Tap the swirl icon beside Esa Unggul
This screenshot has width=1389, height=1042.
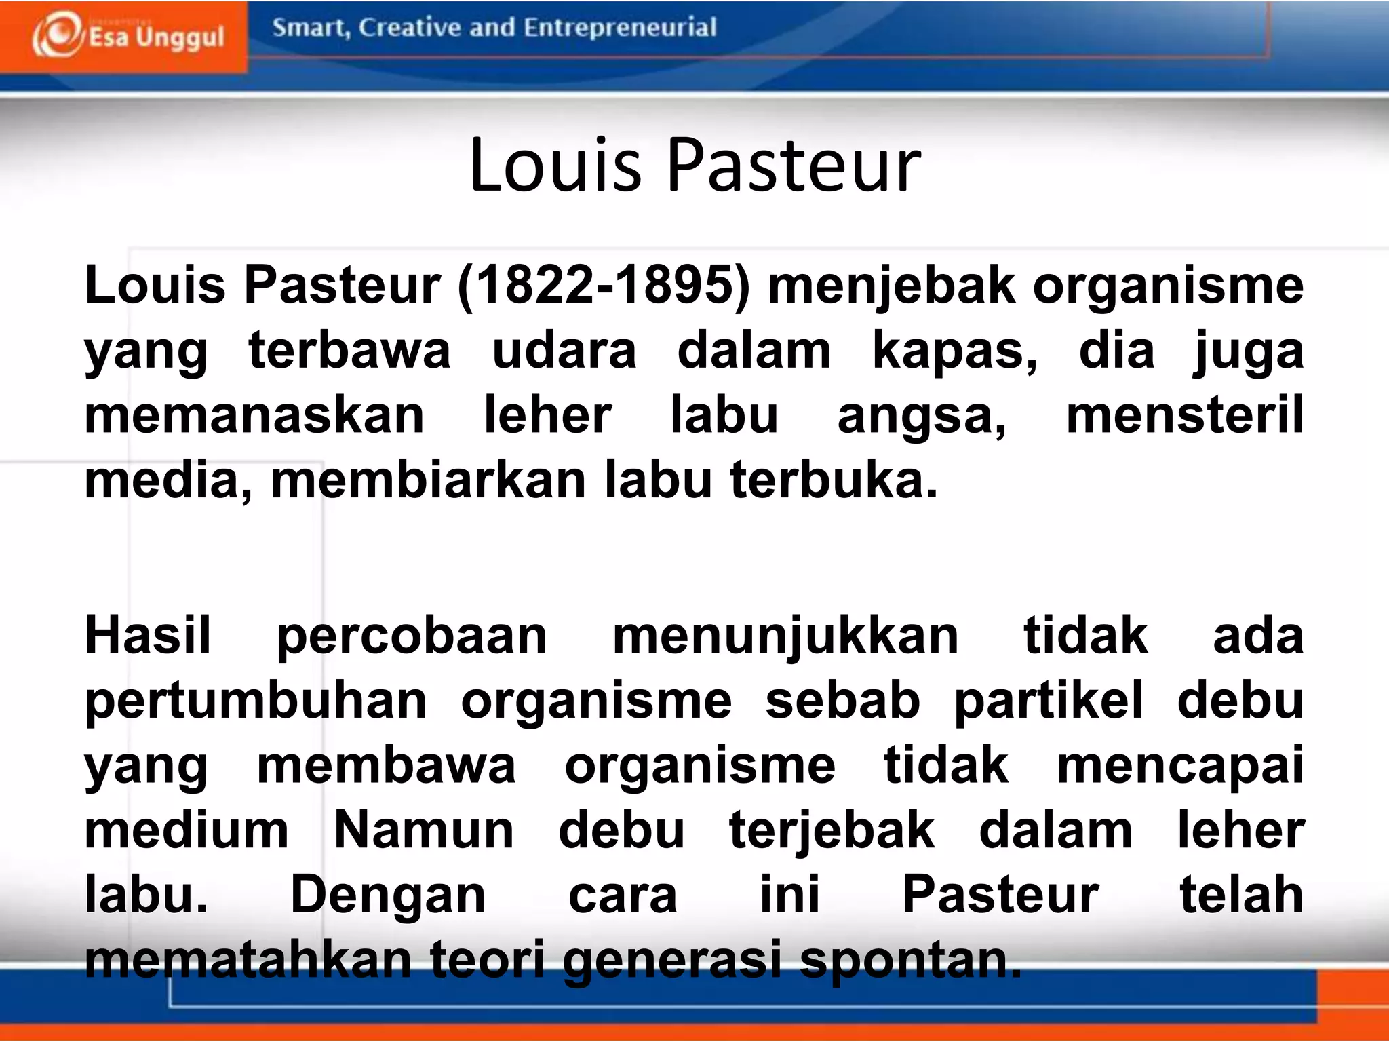[x=57, y=34]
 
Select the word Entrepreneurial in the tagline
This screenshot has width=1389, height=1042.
[x=620, y=27]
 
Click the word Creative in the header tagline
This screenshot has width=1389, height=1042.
[x=410, y=27]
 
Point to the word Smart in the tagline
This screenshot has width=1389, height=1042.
[x=310, y=28]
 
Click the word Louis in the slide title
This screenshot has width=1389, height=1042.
[x=555, y=165]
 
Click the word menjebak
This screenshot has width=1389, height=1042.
[x=891, y=286]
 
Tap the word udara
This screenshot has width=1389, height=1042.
[x=564, y=351]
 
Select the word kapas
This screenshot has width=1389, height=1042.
[x=954, y=351]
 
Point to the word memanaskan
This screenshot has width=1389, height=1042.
[x=254, y=415]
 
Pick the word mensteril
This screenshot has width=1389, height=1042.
[x=1184, y=415]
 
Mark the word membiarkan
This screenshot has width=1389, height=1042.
[x=428, y=480]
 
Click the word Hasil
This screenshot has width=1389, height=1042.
[x=148, y=636]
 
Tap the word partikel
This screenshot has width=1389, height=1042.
[x=1049, y=700]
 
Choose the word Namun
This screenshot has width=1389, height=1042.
[x=424, y=830]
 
